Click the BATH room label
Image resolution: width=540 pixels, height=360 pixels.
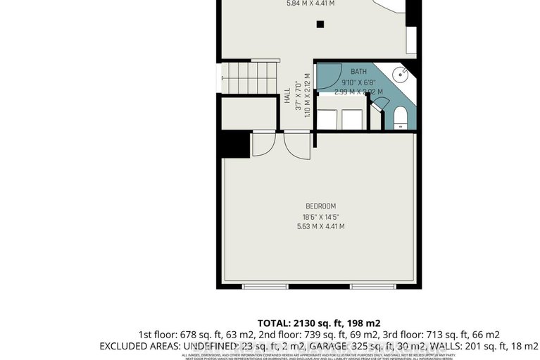359,72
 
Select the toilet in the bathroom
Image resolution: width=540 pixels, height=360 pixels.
399,116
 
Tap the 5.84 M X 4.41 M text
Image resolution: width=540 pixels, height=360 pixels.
310,4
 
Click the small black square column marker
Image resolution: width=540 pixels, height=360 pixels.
320,24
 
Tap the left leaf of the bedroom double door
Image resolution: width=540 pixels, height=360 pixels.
261,145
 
